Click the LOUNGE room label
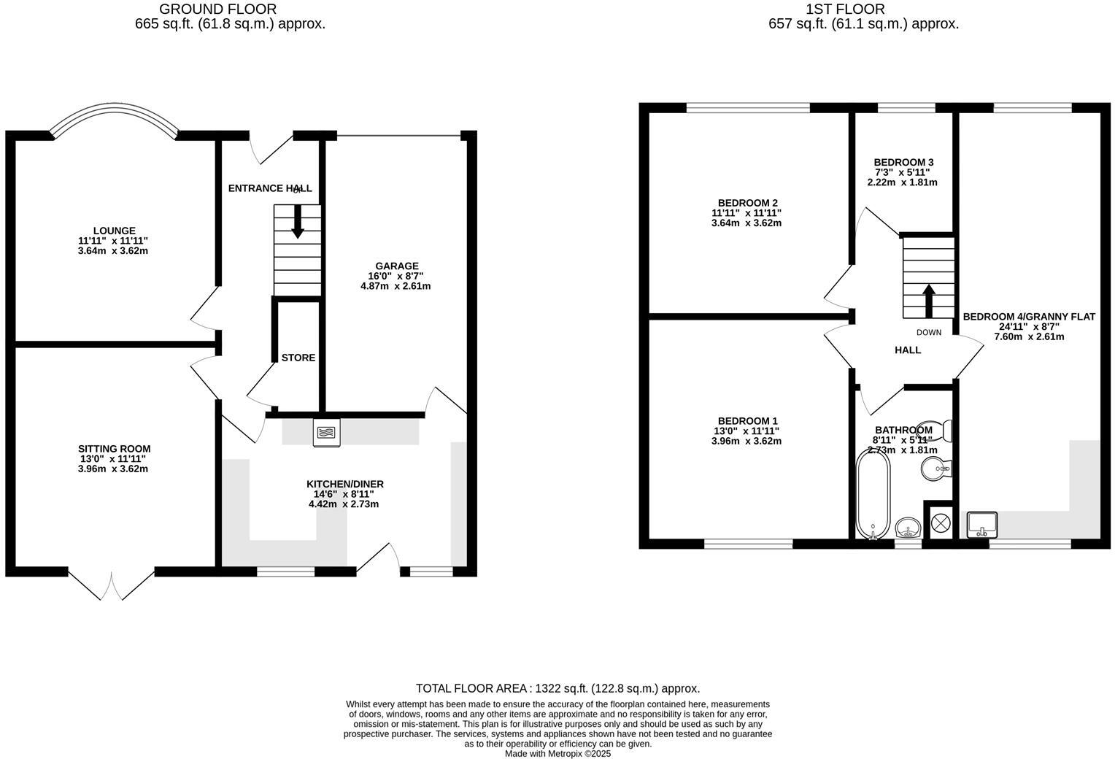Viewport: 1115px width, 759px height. [x=114, y=231]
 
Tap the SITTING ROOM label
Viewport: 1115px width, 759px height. [x=114, y=449]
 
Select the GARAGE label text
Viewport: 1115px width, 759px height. [x=396, y=266]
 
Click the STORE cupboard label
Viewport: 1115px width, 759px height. [x=298, y=358]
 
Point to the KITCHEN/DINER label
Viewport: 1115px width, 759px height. [x=344, y=484]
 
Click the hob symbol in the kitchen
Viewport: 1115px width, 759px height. [x=326, y=432]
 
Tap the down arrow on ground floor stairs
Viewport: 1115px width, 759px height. [x=298, y=222]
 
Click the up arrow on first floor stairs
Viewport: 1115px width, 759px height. [x=928, y=300]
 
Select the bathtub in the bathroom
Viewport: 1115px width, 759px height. [x=873, y=493]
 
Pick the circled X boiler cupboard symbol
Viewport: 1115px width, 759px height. [x=941, y=522]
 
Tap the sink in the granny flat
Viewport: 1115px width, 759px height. [x=982, y=524]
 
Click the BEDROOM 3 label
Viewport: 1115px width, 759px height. [x=903, y=162]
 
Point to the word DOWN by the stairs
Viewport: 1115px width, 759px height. [x=929, y=332]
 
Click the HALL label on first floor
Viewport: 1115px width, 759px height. [x=908, y=350]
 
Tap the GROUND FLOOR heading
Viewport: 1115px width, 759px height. [x=217, y=9]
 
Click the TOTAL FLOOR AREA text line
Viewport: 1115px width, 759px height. [x=557, y=688]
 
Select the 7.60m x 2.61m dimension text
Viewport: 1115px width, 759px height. [x=1029, y=336]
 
